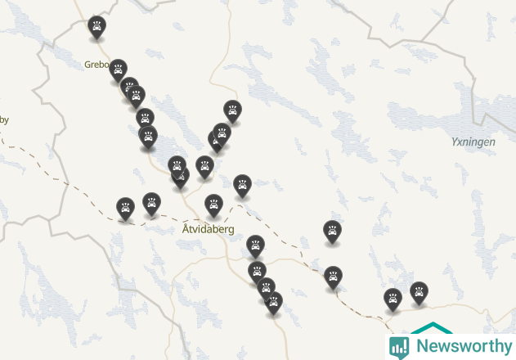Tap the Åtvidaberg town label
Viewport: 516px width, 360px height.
[208, 230]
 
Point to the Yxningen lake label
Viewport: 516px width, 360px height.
[473, 142]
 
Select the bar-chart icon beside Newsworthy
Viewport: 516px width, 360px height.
[399, 346]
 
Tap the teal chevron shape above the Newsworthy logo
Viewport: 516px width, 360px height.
[431, 328]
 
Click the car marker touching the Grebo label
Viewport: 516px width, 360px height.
[118, 69]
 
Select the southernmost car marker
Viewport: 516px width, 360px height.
[273, 302]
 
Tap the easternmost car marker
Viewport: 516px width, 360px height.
[419, 291]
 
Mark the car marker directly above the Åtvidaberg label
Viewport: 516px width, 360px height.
[213, 204]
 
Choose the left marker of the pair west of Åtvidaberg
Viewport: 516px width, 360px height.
[124, 207]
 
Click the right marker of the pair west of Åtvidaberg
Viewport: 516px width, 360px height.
[151, 202]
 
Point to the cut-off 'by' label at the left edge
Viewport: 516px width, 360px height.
[4, 120]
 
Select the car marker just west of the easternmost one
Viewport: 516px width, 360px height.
[393, 298]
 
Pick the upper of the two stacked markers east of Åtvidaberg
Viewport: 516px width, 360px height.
[331, 231]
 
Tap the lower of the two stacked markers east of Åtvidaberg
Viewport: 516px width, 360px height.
[333, 276]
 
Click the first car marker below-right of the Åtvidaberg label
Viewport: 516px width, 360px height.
[255, 245]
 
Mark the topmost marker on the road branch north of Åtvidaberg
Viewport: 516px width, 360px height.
[232, 110]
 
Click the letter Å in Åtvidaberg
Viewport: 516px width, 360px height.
[186, 229]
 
